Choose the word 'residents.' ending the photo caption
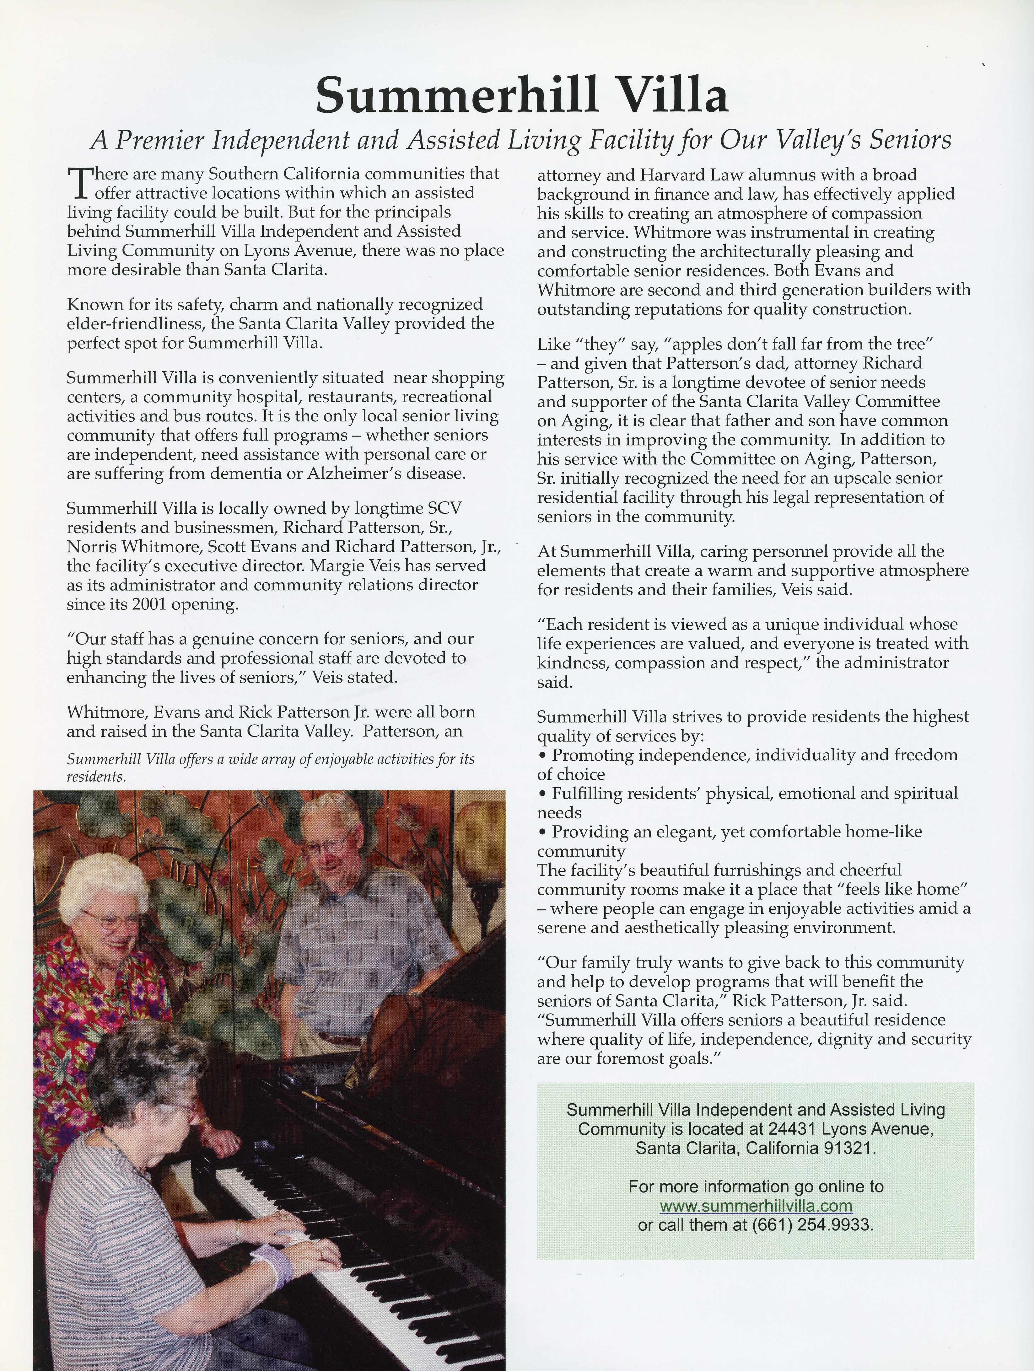(x=97, y=777)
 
